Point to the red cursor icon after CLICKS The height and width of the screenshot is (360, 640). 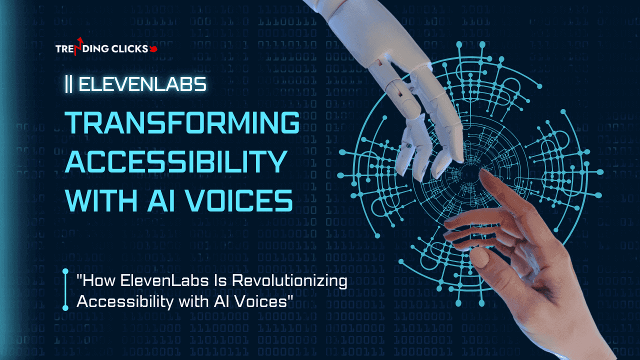coord(153,49)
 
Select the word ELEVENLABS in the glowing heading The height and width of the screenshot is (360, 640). coord(142,84)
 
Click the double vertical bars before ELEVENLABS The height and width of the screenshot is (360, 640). coord(68,84)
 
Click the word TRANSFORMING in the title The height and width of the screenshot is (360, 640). coord(182,122)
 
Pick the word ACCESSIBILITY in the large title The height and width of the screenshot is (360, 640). coord(176,161)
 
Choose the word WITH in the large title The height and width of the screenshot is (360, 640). coord(101,200)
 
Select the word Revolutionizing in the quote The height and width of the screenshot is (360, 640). coord(289,281)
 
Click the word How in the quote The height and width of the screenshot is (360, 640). coord(96,280)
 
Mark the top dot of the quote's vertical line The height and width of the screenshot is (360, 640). coord(65,271)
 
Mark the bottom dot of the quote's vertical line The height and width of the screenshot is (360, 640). coord(65,307)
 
